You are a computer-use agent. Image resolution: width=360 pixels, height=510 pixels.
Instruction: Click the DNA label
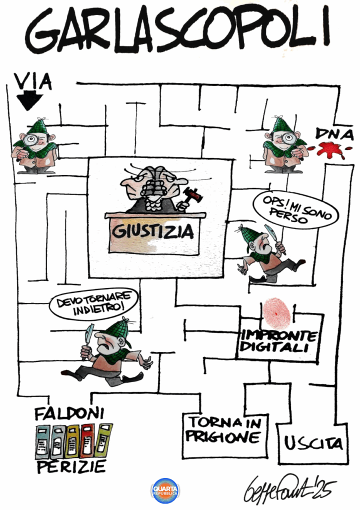pyautogui.click(x=334, y=133)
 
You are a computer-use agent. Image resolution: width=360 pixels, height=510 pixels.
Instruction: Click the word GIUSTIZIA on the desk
pyautogui.click(x=153, y=231)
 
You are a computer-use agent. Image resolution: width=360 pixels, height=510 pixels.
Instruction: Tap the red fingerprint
pyautogui.click(x=276, y=312)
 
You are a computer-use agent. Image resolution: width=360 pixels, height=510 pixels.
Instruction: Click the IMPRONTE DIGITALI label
pyautogui.click(x=278, y=341)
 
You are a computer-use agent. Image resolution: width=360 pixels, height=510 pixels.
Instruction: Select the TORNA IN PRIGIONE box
pyautogui.click(x=224, y=435)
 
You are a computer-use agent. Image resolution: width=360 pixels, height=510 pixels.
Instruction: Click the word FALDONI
pyautogui.click(x=69, y=413)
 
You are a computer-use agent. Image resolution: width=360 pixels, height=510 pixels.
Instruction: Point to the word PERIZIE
pyautogui.click(x=71, y=467)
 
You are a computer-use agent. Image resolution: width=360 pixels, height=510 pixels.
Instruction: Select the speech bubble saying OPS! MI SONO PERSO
pyautogui.click(x=295, y=210)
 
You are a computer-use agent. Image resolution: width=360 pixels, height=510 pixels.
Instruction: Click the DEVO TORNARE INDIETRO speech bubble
pyautogui.click(x=93, y=303)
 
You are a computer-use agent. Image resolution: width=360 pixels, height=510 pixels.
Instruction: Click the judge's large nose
pyautogui.click(x=128, y=188)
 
